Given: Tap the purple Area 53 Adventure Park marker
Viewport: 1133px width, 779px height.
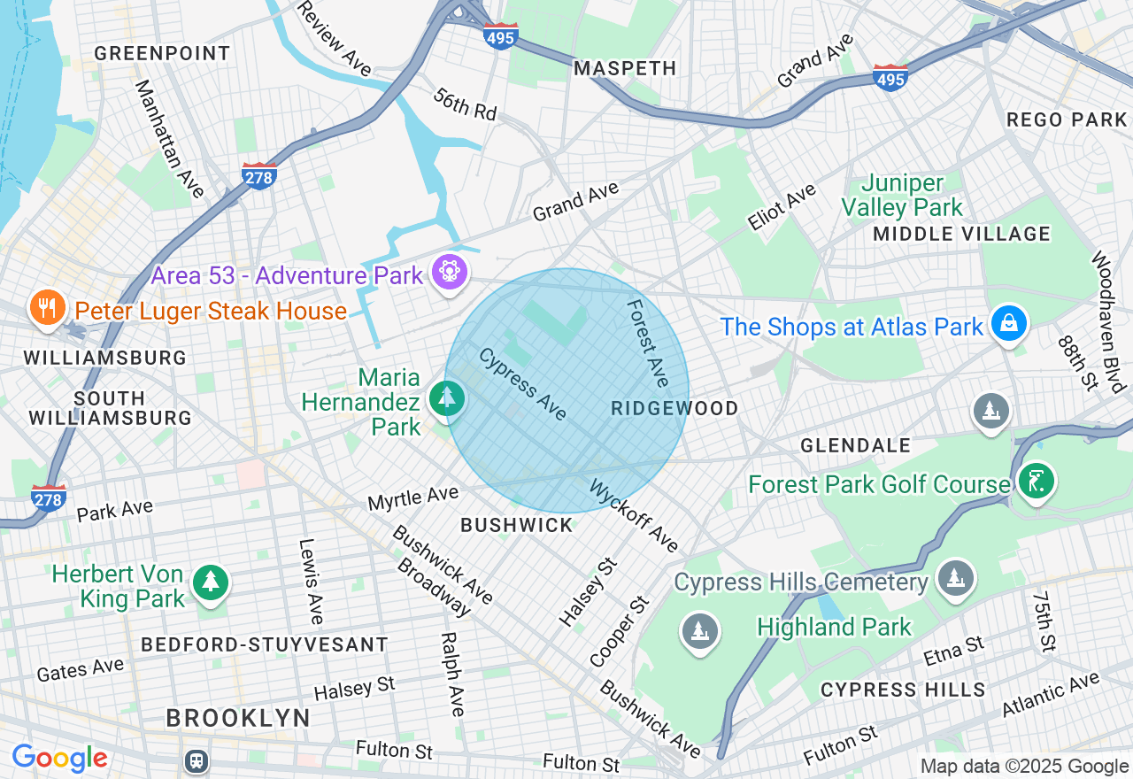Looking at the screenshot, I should (x=450, y=272).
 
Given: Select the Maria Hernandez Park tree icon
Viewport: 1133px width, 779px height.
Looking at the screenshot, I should (x=447, y=398).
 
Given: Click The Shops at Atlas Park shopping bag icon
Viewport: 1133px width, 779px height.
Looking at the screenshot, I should (x=1008, y=324).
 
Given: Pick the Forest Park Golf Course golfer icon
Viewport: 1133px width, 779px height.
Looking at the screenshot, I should (x=1036, y=482).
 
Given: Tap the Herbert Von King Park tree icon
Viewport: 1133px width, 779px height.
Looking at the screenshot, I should (x=211, y=582).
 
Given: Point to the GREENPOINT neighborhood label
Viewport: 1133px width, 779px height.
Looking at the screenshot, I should (x=162, y=53).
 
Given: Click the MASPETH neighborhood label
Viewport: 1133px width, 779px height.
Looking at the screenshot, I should (x=625, y=68).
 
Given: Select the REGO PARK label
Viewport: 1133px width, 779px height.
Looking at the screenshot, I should (x=1067, y=120).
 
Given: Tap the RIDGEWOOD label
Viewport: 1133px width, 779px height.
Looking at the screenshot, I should (x=674, y=408).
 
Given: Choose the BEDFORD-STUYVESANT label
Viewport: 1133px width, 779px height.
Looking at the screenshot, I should (x=265, y=644).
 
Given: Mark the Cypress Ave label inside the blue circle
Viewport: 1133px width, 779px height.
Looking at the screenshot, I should (x=522, y=384).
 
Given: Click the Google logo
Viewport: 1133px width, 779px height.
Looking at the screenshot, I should (x=59, y=759).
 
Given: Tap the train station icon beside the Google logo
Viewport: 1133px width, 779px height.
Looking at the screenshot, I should (x=196, y=760).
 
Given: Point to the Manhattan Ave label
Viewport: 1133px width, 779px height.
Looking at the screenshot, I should (x=168, y=138).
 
